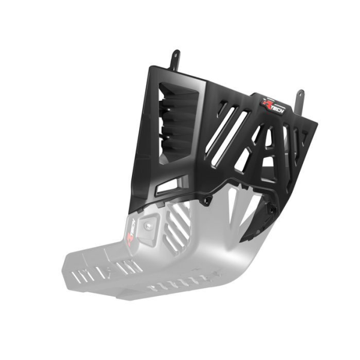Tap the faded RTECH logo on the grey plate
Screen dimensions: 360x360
[134, 230]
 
